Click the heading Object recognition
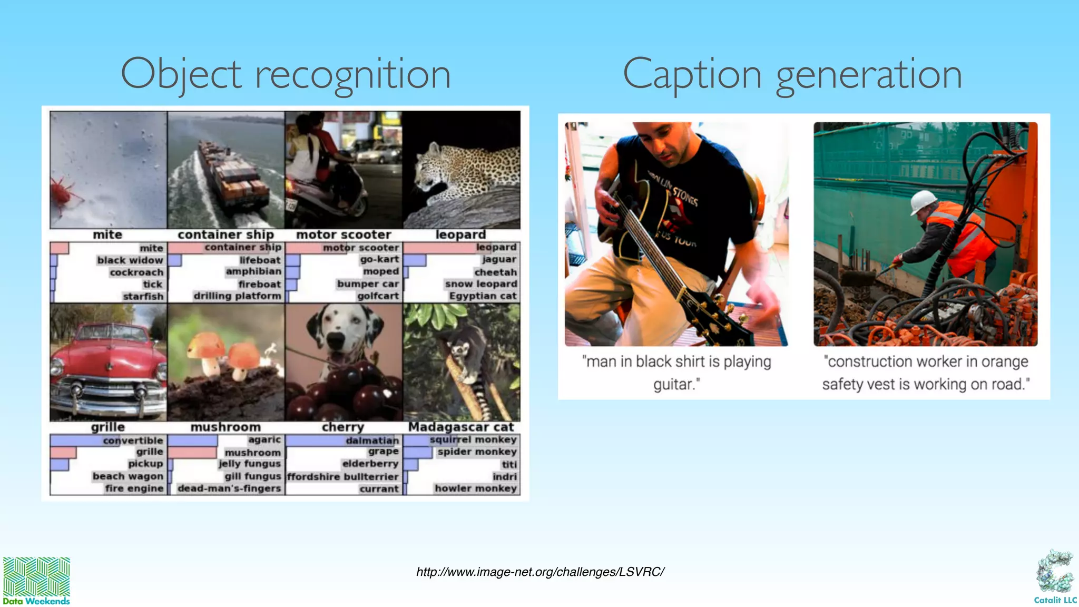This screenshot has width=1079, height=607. tap(286, 74)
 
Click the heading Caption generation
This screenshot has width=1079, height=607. tap(792, 74)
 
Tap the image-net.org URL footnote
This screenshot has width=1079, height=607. tap(540, 572)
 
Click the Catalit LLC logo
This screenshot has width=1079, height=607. tap(1055, 577)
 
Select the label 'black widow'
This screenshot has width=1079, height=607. tap(130, 260)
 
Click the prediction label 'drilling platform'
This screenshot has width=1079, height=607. tap(237, 296)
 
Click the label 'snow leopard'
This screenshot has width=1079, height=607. tap(480, 284)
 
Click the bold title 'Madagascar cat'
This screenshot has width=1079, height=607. tap(461, 427)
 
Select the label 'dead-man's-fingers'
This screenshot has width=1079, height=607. tap(229, 488)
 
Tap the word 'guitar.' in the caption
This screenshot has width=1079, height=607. tap(676, 385)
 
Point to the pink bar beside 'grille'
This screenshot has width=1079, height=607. tap(63, 452)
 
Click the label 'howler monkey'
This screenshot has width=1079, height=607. tap(475, 488)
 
